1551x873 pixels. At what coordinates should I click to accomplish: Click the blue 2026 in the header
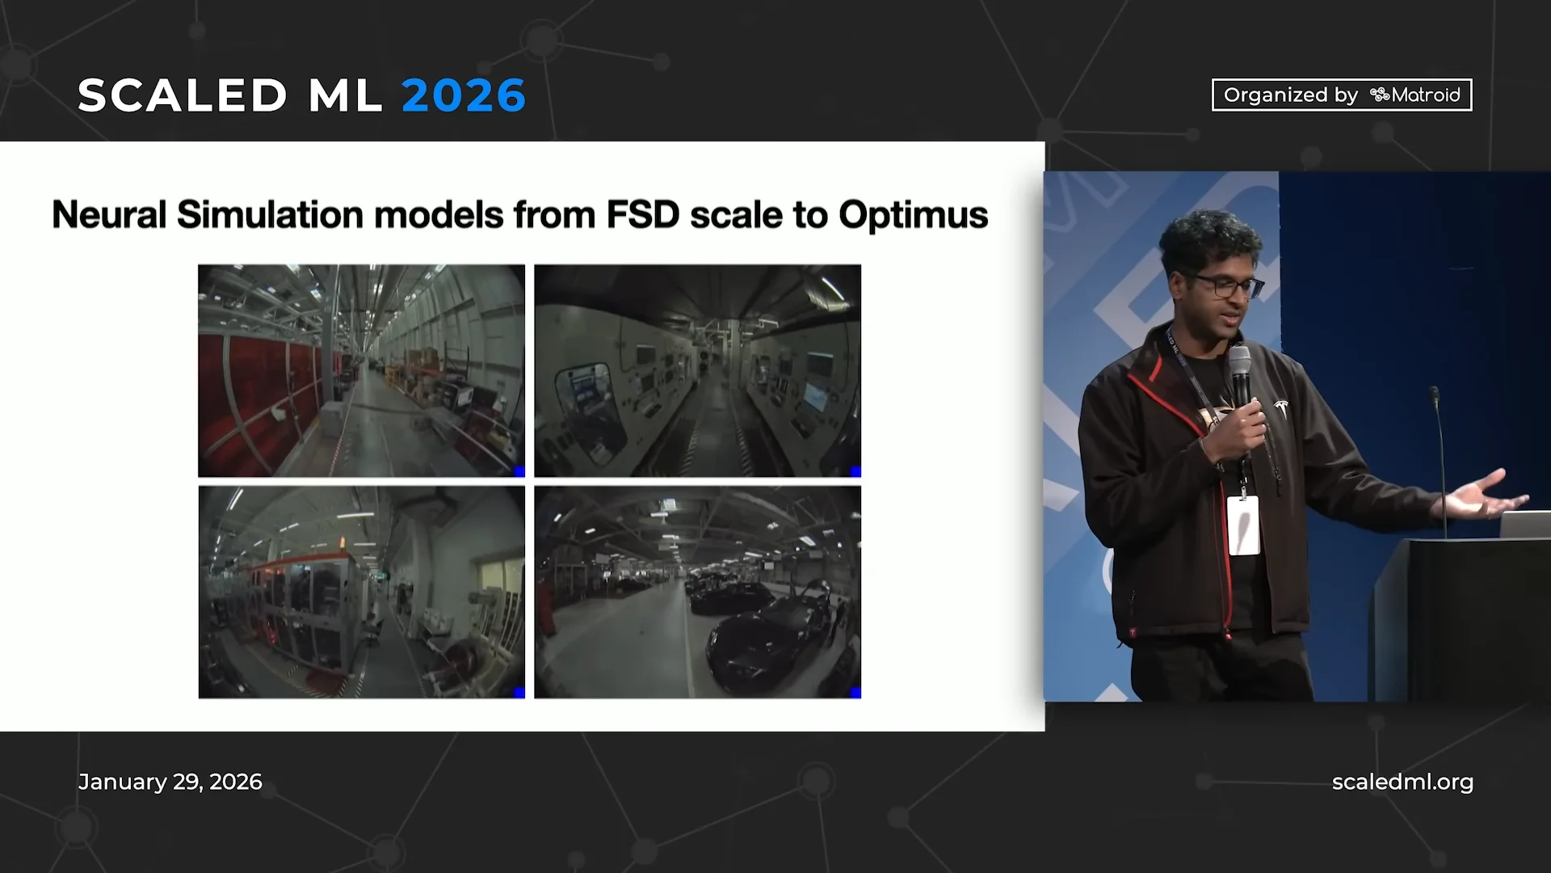[x=464, y=95]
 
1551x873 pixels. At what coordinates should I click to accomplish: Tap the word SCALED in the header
[x=183, y=95]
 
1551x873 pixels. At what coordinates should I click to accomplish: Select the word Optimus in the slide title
[x=913, y=215]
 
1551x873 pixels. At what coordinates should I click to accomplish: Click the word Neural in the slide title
[x=109, y=215]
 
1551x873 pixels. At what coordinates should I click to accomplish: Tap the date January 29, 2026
[x=170, y=782]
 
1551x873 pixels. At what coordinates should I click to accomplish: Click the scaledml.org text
[x=1402, y=782]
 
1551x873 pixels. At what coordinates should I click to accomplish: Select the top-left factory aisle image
[x=361, y=370]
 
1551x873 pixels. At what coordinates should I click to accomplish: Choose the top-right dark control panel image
[x=697, y=370]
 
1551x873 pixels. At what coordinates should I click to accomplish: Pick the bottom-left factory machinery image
[x=361, y=592]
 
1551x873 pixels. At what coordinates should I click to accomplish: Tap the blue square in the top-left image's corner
[x=519, y=471]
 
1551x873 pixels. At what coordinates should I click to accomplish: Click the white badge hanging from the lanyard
[x=1243, y=525]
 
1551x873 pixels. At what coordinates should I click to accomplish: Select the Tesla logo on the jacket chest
[x=1280, y=407]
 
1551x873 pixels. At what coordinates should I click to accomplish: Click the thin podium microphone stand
[x=1440, y=461]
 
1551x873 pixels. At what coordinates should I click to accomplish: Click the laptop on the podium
[x=1525, y=524]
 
